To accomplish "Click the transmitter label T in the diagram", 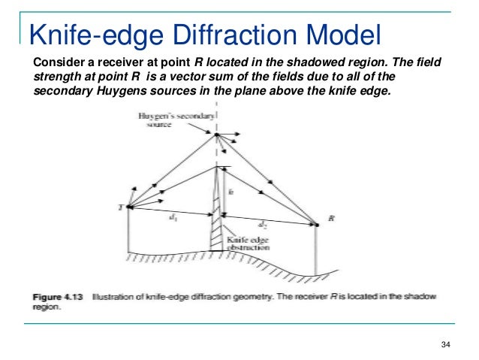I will [x=122, y=207].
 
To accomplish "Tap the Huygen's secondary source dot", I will [x=215, y=135].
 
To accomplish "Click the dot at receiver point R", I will [x=316, y=222].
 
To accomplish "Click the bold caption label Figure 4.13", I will [x=58, y=298].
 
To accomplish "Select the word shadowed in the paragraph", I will [x=305, y=62].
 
